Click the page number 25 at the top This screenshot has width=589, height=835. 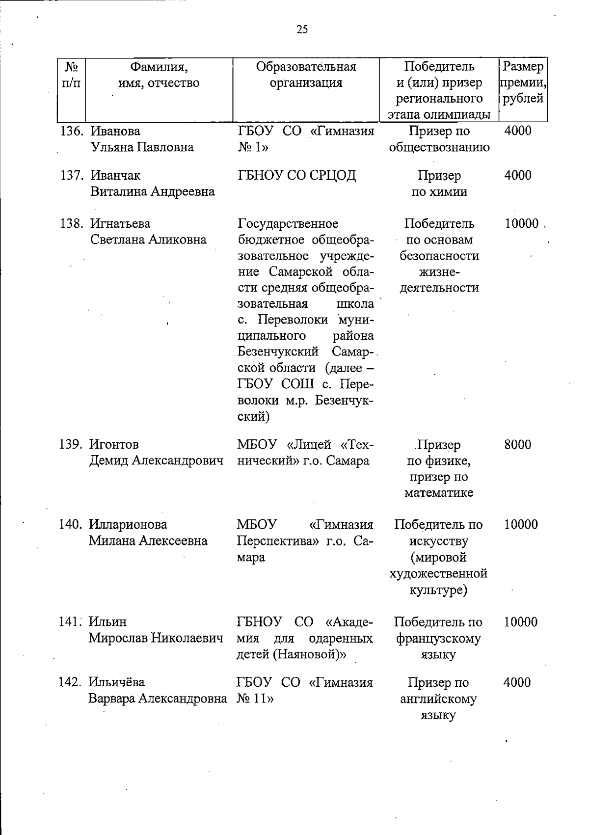point(302,29)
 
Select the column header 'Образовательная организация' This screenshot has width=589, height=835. point(306,74)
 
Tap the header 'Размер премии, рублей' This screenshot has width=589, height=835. point(523,82)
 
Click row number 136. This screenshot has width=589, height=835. point(72,131)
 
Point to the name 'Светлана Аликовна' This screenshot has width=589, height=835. point(148,240)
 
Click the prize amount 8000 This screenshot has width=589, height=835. point(517,444)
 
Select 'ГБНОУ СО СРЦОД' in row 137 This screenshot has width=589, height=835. point(297,175)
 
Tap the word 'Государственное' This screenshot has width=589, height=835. point(288,224)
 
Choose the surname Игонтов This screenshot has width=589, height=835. point(114,444)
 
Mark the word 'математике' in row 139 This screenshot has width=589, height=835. point(439,493)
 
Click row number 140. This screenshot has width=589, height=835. point(70,524)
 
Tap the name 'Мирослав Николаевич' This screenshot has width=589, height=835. point(156,638)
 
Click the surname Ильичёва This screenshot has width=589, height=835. point(117,682)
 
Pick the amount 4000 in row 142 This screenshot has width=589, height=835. point(517,682)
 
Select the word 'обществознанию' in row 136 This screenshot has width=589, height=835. point(439,147)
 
